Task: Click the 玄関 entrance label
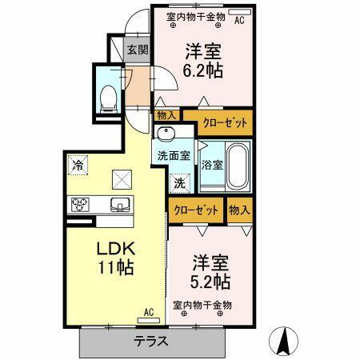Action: (x=137, y=50)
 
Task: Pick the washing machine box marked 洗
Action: (x=182, y=182)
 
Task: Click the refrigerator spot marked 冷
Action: (x=78, y=166)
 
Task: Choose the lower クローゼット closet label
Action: (x=196, y=210)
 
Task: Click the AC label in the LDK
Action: (x=148, y=313)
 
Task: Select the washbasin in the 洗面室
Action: (x=167, y=134)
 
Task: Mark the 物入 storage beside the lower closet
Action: (x=238, y=210)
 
